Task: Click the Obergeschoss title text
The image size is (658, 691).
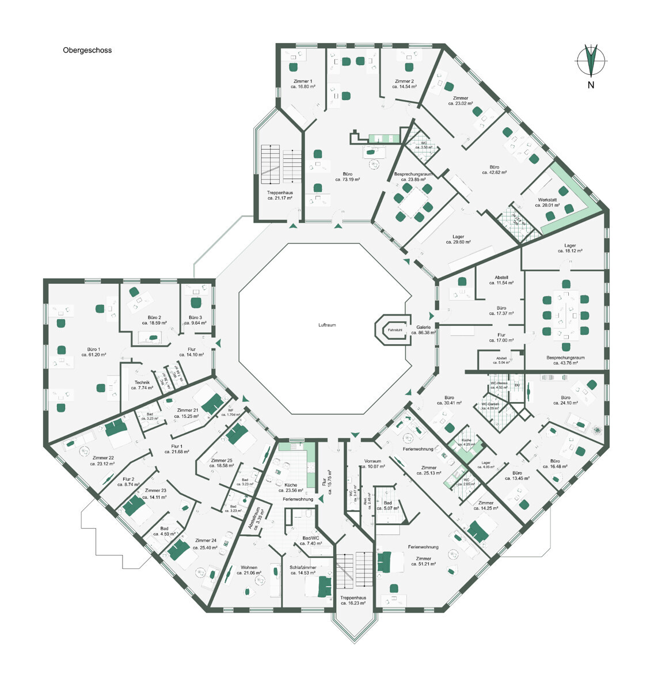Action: coord(87,50)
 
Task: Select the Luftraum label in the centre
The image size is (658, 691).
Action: coord(327,325)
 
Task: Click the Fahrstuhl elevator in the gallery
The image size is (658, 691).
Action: coord(394,330)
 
